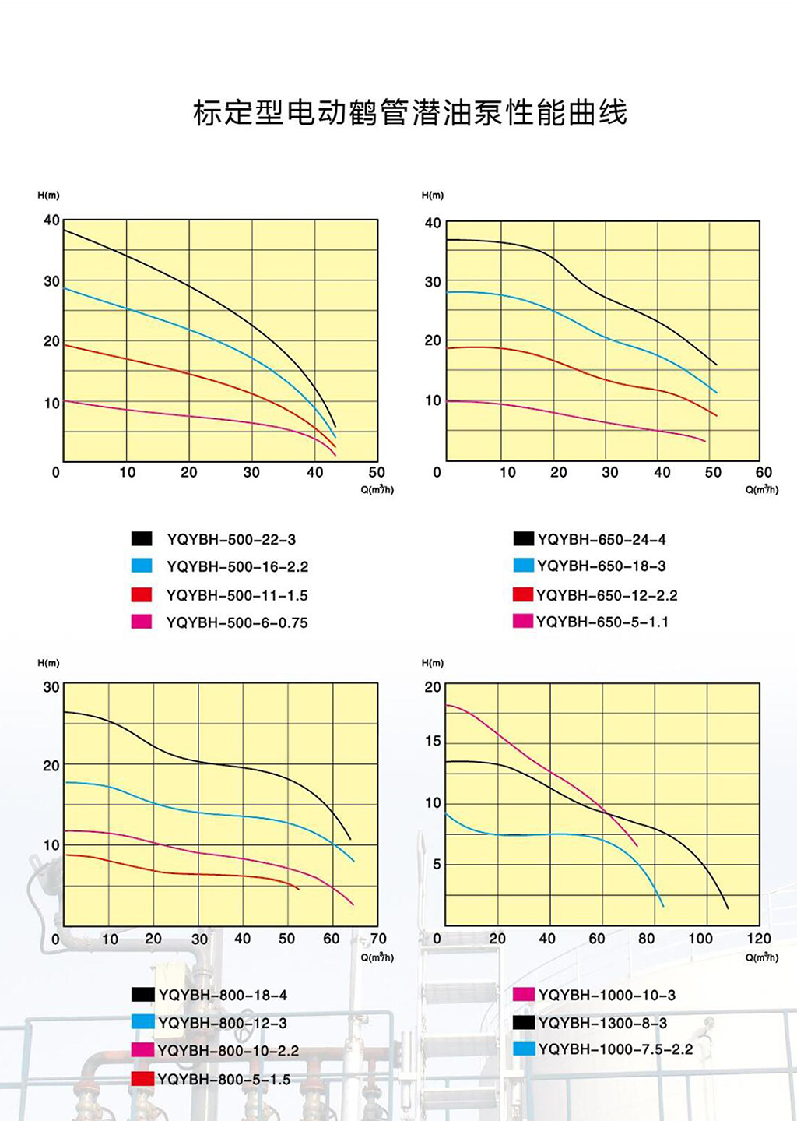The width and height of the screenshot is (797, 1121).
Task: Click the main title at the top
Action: click(x=410, y=113)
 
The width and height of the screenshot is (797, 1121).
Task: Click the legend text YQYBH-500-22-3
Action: click(x=231, y=539)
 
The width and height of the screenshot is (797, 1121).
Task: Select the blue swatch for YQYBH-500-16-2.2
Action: click(x=142, y=566)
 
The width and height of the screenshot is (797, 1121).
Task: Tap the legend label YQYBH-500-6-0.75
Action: click(x=237, y=622)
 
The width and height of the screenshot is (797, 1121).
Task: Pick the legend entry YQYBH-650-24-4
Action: click(x=602, y=539)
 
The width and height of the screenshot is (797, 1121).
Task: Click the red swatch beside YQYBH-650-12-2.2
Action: click(x=523, y=594)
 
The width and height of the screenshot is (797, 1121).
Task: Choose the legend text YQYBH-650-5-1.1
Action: click(x=602, y=622)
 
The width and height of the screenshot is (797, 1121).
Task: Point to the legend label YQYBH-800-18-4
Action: click(x=223, y=995)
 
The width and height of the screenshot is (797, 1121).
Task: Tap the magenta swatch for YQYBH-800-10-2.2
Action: click(x=142, y=1049)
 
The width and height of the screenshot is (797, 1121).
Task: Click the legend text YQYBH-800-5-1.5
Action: click(x=224, y=1079)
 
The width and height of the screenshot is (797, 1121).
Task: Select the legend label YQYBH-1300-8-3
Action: click(x=602, y=1023)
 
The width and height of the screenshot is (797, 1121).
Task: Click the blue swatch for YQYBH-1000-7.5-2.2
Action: click(x=524, y=1049)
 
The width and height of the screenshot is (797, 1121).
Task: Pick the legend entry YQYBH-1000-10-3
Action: click(x=607, y=995)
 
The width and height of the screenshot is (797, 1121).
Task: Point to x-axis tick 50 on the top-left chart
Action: click(x=377, y=472)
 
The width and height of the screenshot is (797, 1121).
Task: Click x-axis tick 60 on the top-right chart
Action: click(x=764, y=472)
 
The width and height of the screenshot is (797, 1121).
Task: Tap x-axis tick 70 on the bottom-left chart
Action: click(x=378, y=939)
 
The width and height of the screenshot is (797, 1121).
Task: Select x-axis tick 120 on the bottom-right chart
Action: click(x=759, y=939)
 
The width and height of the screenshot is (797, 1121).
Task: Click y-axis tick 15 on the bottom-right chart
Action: click(x=433, y=741)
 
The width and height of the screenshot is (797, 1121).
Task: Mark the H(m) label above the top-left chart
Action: click(x=48, y=195)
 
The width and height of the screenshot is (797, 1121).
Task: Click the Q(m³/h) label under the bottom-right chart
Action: click(x=761, y=957)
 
